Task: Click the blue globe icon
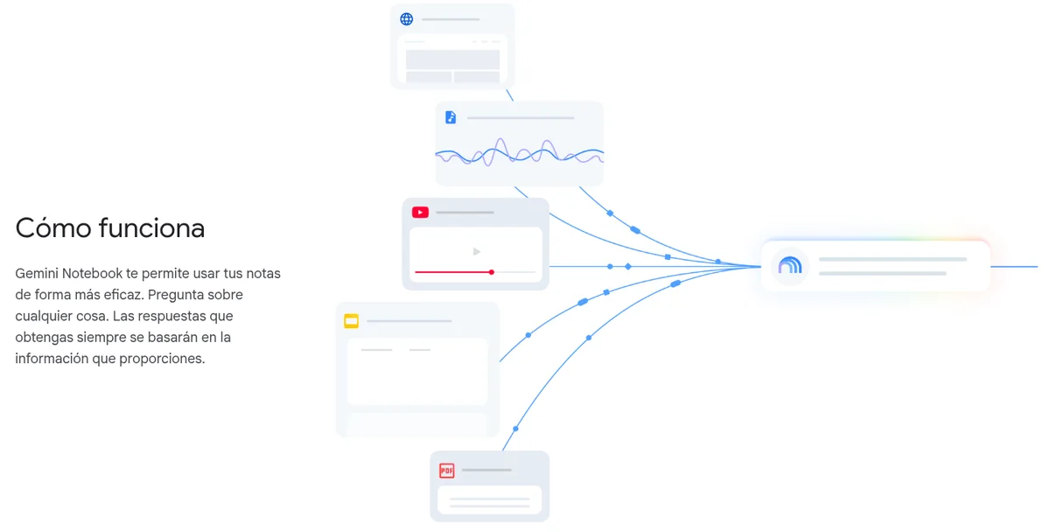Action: pyautogui.click(x=406, y=19)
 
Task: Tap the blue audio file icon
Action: pyautogui.click(x=451, y=117)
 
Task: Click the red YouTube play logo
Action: pyautogui.click(x=420, y=213)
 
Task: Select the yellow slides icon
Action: pyautogui.click(x=351, y=321)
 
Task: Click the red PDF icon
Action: pyautogui.click(x=447, y=470)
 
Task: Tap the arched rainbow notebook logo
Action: pyautogui.click(x=790, y=266)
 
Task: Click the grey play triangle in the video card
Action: pyautogui.click(x=476, y=252)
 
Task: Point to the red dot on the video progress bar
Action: pyautogui.click(x=491, y=272)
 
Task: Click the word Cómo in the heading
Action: pyautogui.click(x=53, y=228)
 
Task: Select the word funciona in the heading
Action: pyautogui.click(x=151, y=228)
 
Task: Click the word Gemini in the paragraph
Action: pyautogui.click(x=37, y=273)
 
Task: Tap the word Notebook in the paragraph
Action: pyautogui.click(x=92, y=273)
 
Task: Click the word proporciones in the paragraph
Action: pyautogui.click(x=162, y=359)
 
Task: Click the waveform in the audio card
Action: pyautogui.click(x=520, y=152)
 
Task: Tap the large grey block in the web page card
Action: pyautogui.click(x=452, y=59)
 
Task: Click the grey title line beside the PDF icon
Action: pyautogui.click(x=486, y=470)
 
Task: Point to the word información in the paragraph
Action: pyautogui.click(x=52, y=359)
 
